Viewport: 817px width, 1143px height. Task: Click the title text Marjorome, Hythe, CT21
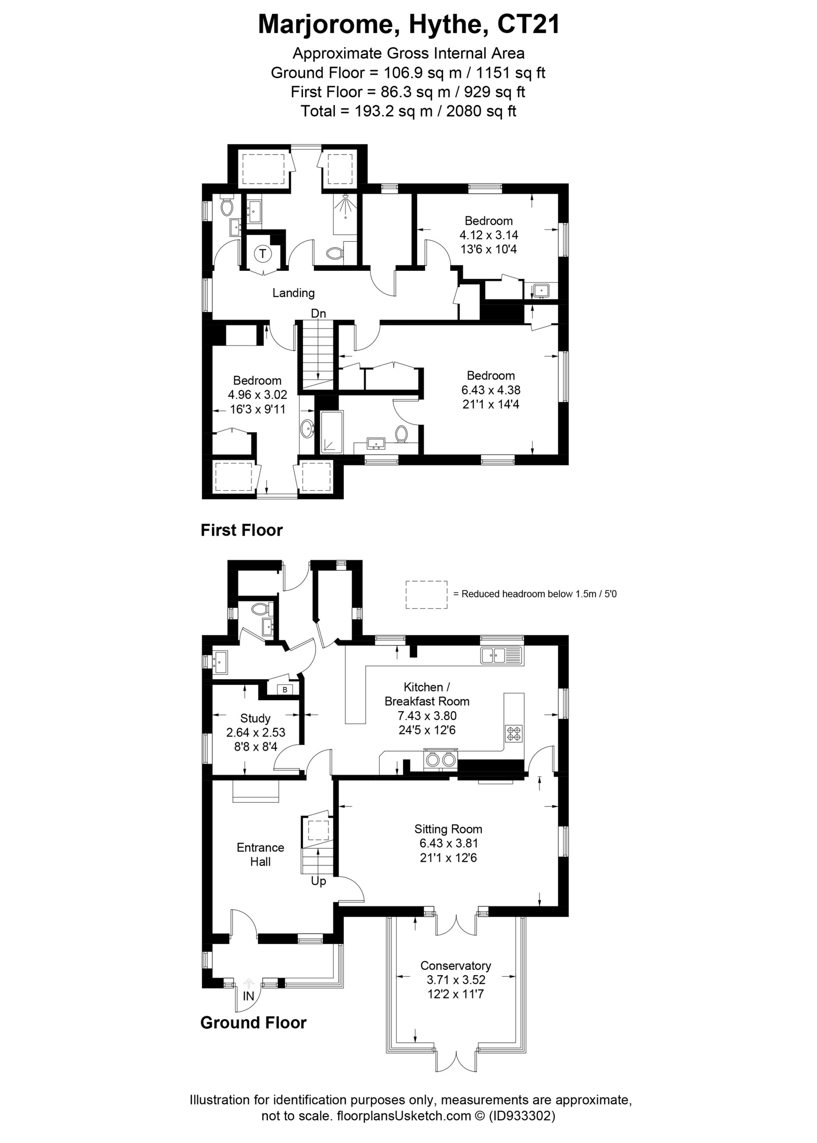click(x=408, y=24)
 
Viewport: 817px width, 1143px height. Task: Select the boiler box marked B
click(x=285, y=689)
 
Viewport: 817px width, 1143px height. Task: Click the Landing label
click(x=293, y=293)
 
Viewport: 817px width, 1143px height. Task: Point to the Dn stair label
click(x=318, y=314)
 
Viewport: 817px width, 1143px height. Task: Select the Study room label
click(x=255, y=718)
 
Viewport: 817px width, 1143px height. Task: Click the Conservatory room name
click(x=456, y=965)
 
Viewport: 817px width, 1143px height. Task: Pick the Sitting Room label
click(x=448, y=829)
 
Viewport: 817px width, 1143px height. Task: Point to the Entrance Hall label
click(x=261, y=854)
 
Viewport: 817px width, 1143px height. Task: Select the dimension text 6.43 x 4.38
click(x=491, y=389)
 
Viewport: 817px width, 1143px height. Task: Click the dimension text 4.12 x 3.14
click(x=489, y=234)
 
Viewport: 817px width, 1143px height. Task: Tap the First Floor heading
click(x=242, y=530)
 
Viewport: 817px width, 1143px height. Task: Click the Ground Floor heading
click(x=253, y=1023)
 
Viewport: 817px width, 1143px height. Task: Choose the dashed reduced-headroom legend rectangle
click(x=426, y=595)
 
